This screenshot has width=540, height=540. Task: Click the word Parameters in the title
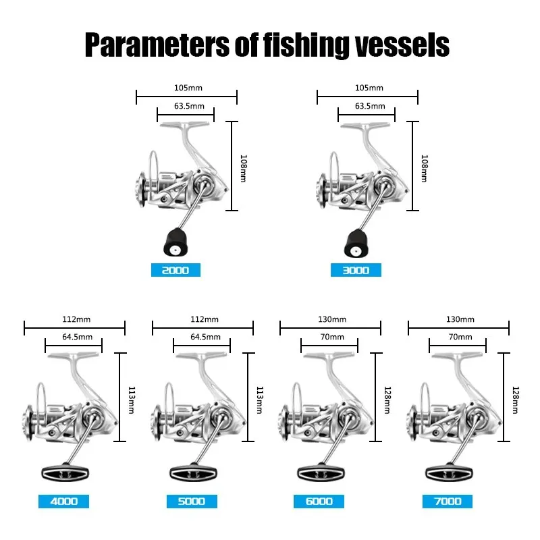click(157, 45)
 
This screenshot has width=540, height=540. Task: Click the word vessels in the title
click(402, 45)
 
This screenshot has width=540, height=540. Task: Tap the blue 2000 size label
click(175, 270)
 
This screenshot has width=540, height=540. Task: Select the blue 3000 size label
click(356, 270)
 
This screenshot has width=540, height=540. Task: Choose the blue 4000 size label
click(63, 502)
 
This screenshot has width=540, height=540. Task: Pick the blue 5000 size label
click(192, 502)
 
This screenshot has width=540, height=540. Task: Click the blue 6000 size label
click(319, 502)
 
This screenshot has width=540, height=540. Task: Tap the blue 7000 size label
click(448, 502)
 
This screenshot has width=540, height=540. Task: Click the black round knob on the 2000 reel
click(175, 242)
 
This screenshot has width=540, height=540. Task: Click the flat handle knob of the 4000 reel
click(65, 473)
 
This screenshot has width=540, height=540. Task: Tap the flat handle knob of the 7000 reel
click(449, 473)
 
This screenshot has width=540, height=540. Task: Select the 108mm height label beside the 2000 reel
click(244, 168)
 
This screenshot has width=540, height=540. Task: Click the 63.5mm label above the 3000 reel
click(370, 106)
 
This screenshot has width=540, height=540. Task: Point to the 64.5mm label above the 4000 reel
click(77, 337)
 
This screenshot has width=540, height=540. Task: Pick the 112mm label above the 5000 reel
click(205, 319)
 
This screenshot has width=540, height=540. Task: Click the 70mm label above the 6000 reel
click(332, 337)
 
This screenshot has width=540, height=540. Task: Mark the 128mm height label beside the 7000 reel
click(516, 400)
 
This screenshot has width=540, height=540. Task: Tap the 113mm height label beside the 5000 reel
click(260, 400)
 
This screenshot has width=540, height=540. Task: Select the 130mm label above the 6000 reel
click(332, 319)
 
